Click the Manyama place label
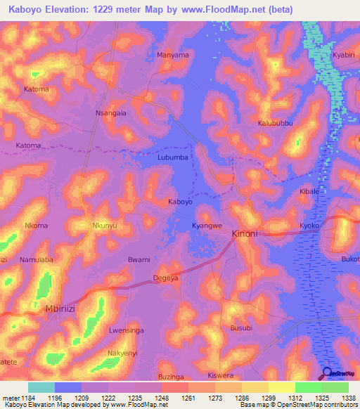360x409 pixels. [173, 55]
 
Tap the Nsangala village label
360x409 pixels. [110, 112]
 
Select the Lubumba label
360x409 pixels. [172, 157]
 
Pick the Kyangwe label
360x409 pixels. [207, 226]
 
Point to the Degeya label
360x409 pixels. [166, 279]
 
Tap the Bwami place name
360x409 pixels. [139, 260]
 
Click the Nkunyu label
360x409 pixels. [105, 226]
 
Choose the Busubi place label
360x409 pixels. [240, 327]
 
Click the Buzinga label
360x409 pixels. [171, 377]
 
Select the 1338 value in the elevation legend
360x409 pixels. [348, 397]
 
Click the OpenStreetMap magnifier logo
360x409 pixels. [328, 373]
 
